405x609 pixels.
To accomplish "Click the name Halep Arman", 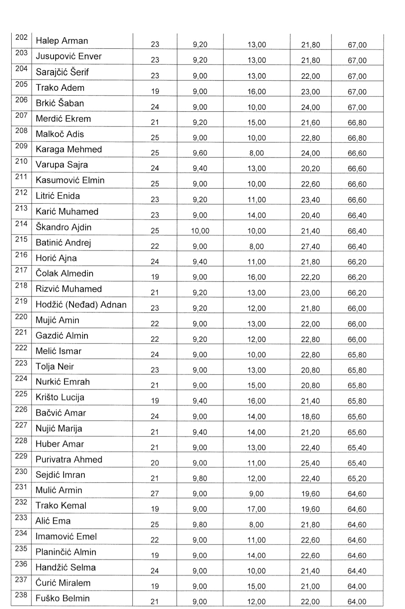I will click(x=62, y=41).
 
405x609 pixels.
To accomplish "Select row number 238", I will click(x=21, y=595).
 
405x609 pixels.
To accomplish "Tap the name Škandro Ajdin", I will click(x=63, y=227).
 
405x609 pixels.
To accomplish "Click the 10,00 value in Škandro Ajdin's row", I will click(x=200, y=231).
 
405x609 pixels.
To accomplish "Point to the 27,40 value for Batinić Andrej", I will click(x=310, y=247).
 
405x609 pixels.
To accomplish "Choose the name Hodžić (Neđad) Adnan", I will click(x=81, y=305).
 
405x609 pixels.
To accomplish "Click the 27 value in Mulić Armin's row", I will click(x=155, y=494).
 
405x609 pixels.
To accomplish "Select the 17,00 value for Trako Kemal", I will click(x=256, y=509).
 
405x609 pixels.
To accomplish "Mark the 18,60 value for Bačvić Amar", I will click(x=310, y=417).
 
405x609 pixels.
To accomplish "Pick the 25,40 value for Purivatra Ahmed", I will click(x=310, y=463).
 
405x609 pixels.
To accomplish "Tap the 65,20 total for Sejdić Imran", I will click(x=357, y=478).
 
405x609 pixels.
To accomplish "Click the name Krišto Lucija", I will click(x=60, y=397).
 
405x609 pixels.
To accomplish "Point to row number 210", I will click(x=21, y=161).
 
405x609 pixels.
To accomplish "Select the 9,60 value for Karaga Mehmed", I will click(x=200, y=153).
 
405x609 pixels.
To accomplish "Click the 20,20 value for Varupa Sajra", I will click(x=310, y=169).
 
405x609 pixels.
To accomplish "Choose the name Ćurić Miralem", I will click(x=63, y=583).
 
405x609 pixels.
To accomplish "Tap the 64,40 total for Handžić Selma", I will click(x=357, y=571).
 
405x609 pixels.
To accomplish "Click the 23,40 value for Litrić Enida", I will click(x=310, y=200).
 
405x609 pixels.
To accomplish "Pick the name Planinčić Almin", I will click(x=66, y=552).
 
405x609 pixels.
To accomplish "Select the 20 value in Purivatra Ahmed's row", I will click(x=155, y=463).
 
